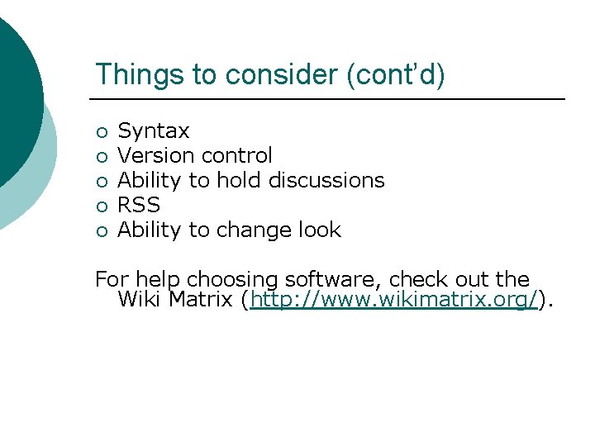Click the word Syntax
(154, 131)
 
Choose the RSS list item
(139, 205)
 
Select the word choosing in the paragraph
(221, 280)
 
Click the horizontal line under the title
(330, 100)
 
